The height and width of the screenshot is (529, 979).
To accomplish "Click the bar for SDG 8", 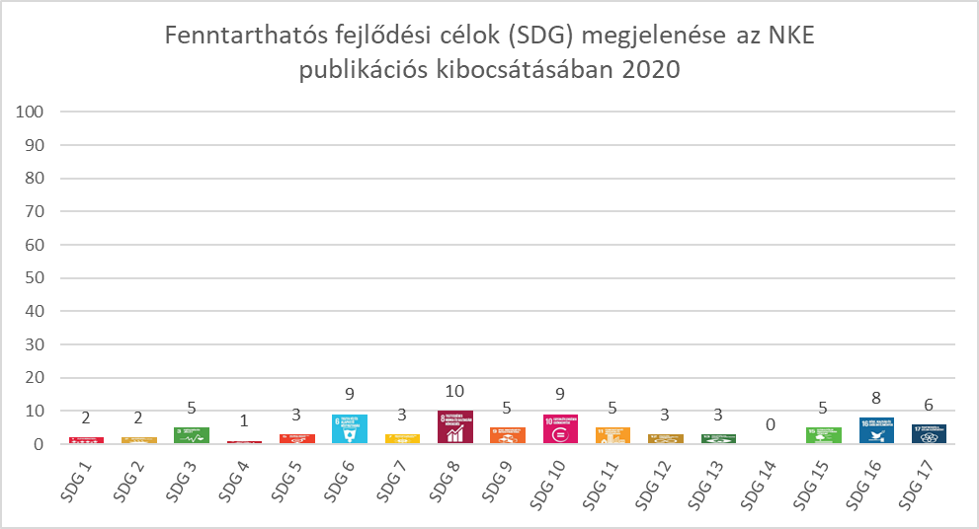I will coord(455,427).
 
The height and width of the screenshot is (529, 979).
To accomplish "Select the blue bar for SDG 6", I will coord(350,429).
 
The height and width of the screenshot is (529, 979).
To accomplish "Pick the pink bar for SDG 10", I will coord(561,429).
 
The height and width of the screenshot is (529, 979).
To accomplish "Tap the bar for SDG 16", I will coord(876,431).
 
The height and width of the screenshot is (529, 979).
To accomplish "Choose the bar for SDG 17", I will coord(930,434).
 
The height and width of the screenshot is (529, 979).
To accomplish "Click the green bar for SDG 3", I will coord(192,435).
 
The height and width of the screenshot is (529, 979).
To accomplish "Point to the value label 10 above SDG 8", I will coord(455,392).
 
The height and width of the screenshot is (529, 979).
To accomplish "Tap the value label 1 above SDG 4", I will coord(245,421).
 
